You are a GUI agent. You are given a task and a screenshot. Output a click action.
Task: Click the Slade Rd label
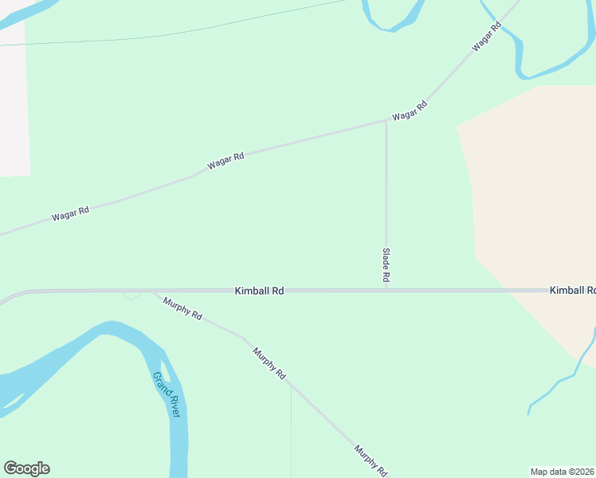tap(386, 266)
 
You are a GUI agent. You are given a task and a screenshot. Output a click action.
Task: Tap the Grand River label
tap(168, 394)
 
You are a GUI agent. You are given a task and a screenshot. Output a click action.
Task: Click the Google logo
tap(26, 468)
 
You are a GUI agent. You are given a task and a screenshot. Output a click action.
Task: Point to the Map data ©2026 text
tap(563, 472)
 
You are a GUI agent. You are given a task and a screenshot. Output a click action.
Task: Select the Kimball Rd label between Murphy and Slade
tap(259, 292)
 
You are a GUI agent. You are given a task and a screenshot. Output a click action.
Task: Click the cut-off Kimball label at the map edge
tap(572, 291)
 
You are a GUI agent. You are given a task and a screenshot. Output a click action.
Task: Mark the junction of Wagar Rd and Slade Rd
tap(386, 122)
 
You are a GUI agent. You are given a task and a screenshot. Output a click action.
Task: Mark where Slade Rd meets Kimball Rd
tap(386, 291)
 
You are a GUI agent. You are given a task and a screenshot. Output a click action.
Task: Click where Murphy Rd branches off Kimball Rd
tap(151, 292)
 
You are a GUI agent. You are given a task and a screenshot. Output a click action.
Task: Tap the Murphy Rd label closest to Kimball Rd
tap(182, 308)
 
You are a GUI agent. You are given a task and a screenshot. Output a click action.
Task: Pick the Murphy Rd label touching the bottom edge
tap(371, 460)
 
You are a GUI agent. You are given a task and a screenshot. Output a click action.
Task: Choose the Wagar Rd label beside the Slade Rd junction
tap(409, 110)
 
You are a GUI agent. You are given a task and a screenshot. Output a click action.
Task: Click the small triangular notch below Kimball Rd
tap(131, 296)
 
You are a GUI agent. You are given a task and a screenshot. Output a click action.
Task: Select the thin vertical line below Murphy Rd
tap(291, 430)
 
